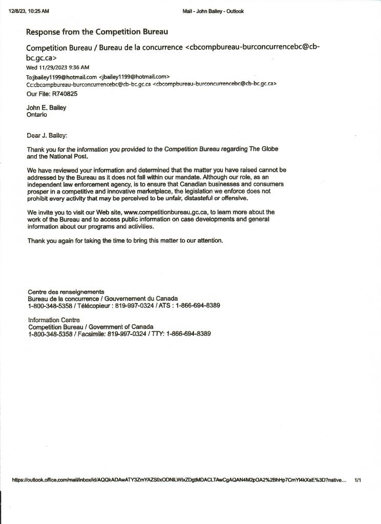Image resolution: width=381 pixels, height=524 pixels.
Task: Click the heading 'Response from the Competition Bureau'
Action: (x=97, y=32)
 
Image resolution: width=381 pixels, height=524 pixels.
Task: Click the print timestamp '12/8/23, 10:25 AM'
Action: (x=29, y=11)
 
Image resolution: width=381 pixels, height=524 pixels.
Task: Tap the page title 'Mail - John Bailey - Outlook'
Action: (x=213, y=11)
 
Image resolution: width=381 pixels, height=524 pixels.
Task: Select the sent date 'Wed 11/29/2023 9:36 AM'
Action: (x=57, y=67)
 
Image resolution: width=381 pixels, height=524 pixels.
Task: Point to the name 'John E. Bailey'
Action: (x=46, y=108)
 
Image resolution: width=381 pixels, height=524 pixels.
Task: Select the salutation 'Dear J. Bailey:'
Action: (x=47, y=136)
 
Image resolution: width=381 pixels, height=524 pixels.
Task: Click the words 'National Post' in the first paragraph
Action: (x=69, y=157)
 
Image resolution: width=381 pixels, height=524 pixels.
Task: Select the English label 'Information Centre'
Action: (x=54, y=320)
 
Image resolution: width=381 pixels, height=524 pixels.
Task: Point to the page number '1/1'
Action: (x=358, y=480)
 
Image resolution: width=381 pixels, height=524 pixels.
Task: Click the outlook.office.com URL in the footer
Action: (x=179, y=480)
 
